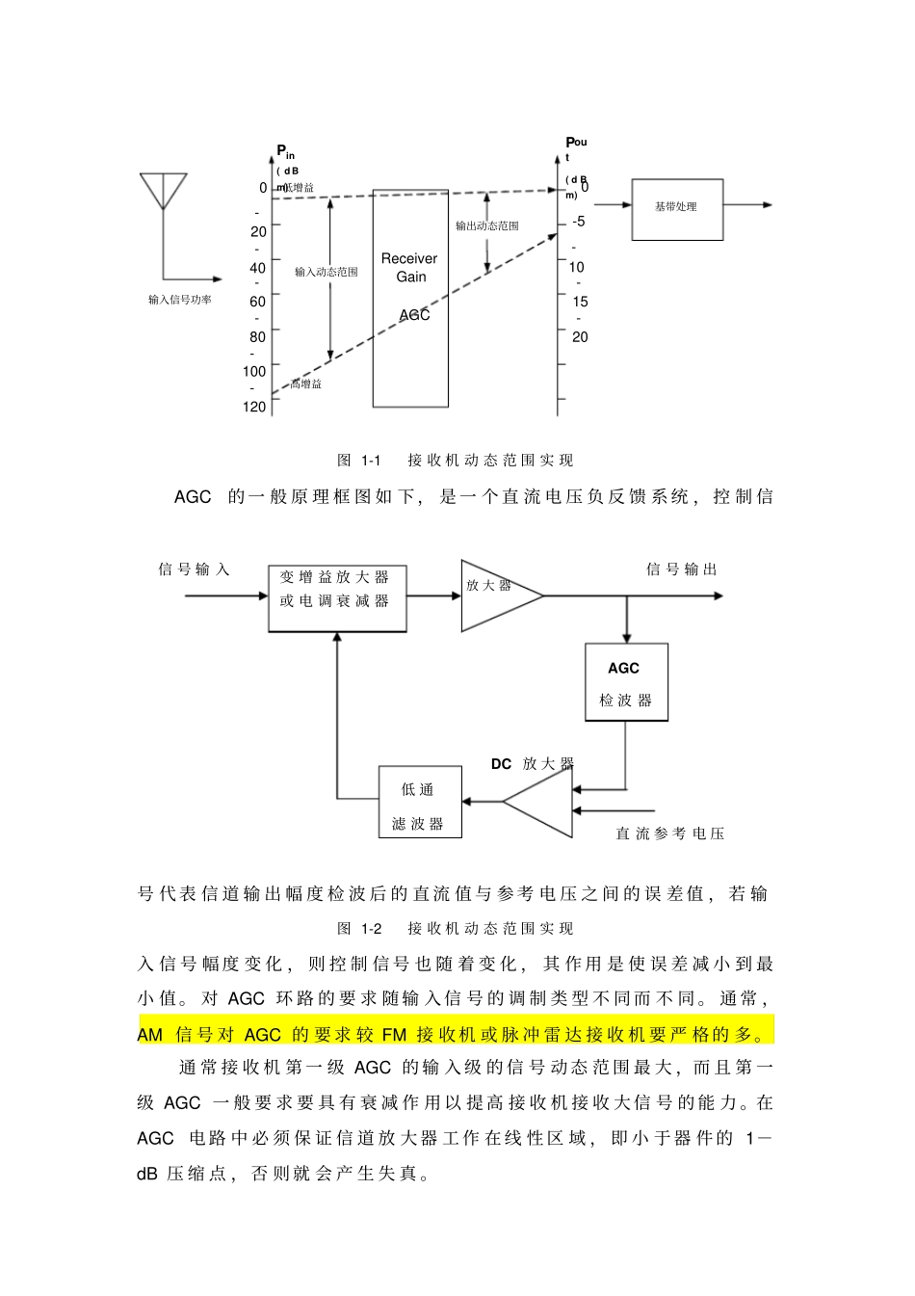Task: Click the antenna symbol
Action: point(163,191)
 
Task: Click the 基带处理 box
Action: point(676,208)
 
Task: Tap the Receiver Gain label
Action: point(409,268)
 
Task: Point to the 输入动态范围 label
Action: point(326,272)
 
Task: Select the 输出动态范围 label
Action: point(486,225)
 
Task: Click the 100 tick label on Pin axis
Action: point(254,371)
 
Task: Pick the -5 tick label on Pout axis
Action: point(578,222)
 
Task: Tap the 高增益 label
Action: point(306,384)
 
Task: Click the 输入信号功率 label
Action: point(180,300)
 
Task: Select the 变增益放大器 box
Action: point(337,598)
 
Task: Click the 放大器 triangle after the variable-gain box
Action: point(495,595)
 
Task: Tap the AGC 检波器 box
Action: point(626,682)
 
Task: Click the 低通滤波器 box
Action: point(419,802)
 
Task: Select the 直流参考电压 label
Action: point(670,833)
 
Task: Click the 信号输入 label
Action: point(194,569)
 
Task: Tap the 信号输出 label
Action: point(682,569)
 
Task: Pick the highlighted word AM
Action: point(150,1035)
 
